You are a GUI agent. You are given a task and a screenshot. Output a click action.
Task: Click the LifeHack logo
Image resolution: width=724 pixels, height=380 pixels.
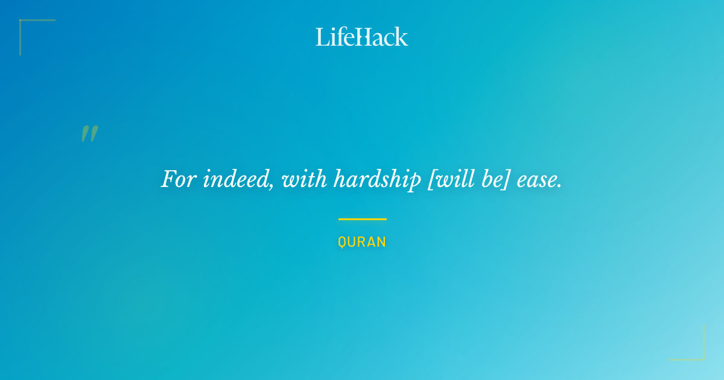[361, 37]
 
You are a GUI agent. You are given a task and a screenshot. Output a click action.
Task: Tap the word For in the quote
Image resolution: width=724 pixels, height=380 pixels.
[179, 179]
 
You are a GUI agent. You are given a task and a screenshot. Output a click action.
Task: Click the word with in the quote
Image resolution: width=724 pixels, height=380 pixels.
[304, 179]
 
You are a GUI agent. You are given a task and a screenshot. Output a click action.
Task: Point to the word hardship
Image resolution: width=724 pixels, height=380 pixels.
[377, 180]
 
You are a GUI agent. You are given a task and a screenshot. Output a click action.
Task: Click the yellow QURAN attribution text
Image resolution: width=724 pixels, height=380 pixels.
[362, 242]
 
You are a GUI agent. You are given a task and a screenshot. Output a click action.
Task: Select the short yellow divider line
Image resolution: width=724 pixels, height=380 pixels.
[363, 219]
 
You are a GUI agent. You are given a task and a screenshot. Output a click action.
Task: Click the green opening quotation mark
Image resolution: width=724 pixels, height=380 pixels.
[90, 133]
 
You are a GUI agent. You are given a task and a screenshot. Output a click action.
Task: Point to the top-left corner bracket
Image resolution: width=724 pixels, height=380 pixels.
[21, 21]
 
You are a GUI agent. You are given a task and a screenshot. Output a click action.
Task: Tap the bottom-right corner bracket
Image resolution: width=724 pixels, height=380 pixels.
[703, 359]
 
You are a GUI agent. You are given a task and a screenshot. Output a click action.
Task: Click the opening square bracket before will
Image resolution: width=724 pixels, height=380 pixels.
[431, 179]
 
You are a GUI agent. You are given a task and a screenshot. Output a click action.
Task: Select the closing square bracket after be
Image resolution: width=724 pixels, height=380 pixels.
[507, 179]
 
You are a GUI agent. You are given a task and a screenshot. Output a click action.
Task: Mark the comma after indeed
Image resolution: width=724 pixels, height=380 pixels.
[271, 186]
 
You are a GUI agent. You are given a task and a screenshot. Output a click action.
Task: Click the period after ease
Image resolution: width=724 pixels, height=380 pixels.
[559, 186]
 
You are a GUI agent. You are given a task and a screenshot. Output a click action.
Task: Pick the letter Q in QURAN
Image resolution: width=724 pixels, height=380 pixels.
[341, 242]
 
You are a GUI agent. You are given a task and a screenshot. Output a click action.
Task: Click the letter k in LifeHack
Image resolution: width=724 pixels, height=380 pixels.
[401, 37]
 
